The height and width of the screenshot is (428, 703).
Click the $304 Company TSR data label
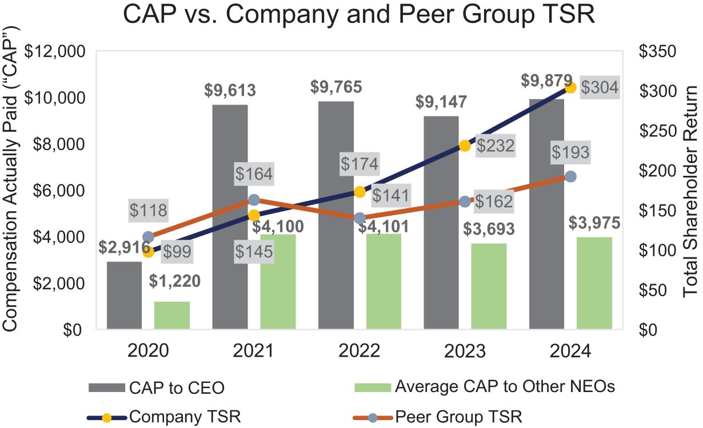[599, 88]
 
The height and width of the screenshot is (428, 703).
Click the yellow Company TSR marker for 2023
[465, 146]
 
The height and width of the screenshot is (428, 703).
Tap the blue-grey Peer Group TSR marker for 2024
[570, 176]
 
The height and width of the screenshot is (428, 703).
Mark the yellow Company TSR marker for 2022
[360, 192]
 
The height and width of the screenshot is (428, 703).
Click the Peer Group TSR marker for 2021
[254, 200]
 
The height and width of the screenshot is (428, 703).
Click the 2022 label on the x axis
[360, 350]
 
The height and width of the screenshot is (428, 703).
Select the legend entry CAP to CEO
[158, 387]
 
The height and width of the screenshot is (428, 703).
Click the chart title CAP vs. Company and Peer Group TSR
[359, 15]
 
